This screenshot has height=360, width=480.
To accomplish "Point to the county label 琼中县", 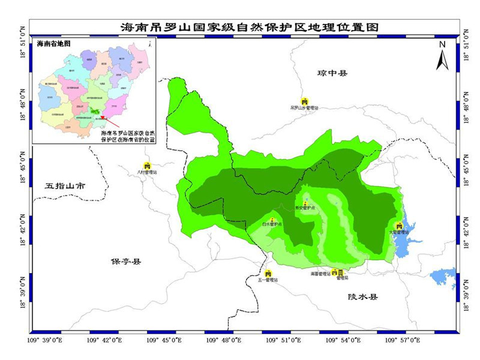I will click(333, 73).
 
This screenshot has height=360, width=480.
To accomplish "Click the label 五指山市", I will click(65, 186).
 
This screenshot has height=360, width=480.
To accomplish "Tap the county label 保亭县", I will click(124, 262).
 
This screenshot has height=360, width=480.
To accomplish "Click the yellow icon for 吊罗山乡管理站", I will click(304, 101).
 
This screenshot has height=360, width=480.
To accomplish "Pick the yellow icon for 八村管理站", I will click(146, 165).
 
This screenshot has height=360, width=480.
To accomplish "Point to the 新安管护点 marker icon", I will click(305, 204).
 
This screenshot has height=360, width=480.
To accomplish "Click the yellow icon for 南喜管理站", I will click(334, 272).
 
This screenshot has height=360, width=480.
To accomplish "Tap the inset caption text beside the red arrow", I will click(127, 135).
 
